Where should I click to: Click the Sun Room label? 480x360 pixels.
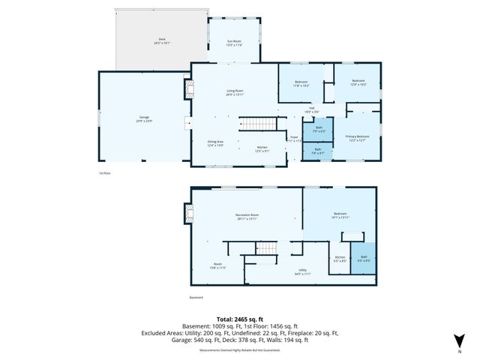click(234, 43)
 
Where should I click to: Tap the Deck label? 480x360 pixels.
click(161, 41)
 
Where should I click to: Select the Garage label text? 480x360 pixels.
click(143, 118)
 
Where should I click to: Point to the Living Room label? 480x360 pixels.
click(235, 93)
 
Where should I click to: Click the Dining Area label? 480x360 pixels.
click(216, 142)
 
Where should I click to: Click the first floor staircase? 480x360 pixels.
click(255, 124)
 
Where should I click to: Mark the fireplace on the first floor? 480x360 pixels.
click(180, 90)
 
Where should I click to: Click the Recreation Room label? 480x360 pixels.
click(247, 217)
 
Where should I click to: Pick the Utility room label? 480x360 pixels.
click(302, 271)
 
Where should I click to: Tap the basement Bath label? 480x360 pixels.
click(363, 259)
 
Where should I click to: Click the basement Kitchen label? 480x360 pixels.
click(339, 259)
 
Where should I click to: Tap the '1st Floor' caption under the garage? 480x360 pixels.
click(104, 173)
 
